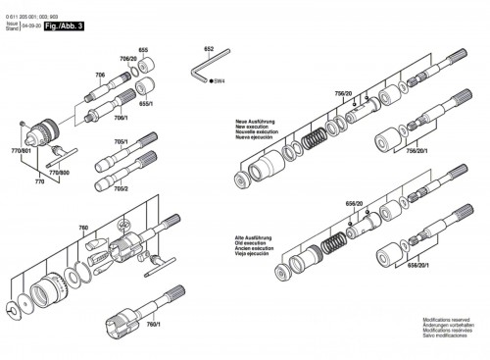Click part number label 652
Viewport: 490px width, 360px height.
pos(209,48)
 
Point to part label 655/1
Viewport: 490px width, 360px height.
pos(147,101)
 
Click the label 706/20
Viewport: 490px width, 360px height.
pos(127,60)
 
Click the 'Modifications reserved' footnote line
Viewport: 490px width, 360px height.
pos(450,321)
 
